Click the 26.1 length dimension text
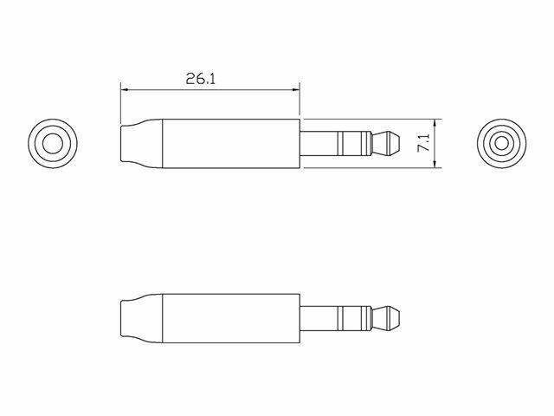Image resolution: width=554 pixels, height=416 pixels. coord(200,79)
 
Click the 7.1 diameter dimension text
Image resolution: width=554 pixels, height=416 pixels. coord(423,142)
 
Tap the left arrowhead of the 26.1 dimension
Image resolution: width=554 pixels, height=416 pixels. coord(125,90)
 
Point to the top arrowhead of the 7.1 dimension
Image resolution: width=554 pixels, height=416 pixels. coord(435,123)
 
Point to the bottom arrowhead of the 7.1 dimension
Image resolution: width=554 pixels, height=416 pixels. coord(435,164)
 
